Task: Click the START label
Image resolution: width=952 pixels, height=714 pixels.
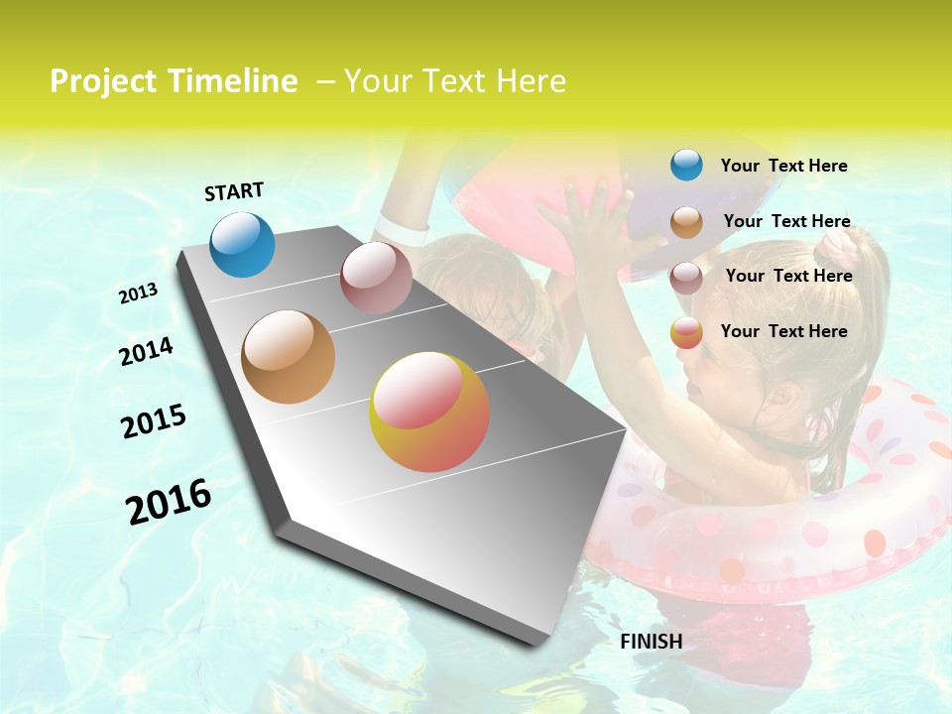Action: coord(234,191)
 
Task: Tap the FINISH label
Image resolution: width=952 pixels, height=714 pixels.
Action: coord(651,642)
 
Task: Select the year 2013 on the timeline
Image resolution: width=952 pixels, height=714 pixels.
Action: coord(139,294)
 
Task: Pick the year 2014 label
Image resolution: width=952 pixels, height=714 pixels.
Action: coord(146,352)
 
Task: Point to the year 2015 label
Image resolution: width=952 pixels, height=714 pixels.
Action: coord(154,421)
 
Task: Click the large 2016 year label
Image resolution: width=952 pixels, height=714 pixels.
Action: coord(169,502)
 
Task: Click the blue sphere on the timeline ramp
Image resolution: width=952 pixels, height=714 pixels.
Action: coord(243,244)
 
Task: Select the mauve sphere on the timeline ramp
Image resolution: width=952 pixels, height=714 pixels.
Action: coord(376,278)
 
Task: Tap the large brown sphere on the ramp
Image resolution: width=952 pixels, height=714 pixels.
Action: coord(289,357)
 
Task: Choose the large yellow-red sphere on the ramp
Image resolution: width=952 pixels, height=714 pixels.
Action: coord(429,412)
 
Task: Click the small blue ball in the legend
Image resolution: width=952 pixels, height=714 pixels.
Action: coord(686,165)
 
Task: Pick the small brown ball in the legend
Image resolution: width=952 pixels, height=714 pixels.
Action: coord(686,222)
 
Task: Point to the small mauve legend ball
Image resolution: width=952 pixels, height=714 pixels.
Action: coord(686,278)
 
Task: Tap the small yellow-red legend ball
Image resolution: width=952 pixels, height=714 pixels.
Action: coord(686,333)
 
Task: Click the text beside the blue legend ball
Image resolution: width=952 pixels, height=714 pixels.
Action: coord(783,166)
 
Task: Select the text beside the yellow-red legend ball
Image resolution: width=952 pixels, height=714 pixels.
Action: coord(783,331)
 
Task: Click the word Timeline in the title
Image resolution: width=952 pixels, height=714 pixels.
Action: coord(234,81)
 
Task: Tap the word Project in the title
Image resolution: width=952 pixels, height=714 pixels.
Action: coord(103,81)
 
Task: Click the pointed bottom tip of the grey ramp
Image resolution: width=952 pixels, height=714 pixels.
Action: coord(535,643)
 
